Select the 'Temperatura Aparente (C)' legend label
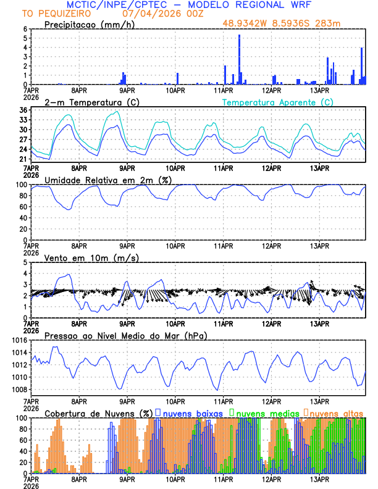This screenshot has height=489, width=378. click(x=277, y=102)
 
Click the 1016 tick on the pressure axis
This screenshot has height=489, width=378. click(x=19, y=340)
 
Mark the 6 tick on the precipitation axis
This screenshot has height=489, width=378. click(x=25, y=29)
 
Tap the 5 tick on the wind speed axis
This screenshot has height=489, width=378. click(x=25, y=262)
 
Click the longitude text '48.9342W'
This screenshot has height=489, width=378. click(x=244, y=24)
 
